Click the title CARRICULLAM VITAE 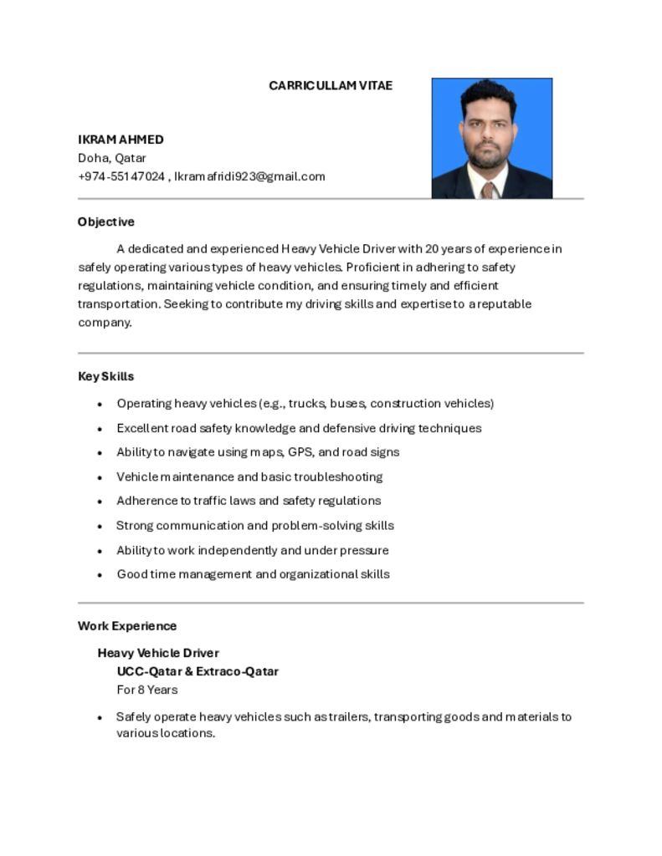[331, 86]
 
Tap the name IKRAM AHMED [121, 140]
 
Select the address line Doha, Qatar [112, 158]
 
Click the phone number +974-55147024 [121, 176]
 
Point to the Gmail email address [249, 176]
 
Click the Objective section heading [106, 222]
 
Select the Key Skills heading [106, 377]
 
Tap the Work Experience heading [127, 626]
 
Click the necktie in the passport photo [488, 190]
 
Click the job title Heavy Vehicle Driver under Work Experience [158, 653]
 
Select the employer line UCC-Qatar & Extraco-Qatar [198, 671]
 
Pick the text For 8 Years [147, 690]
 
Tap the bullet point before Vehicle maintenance [100, 477]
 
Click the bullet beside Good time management [100, 575]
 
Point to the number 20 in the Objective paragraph [432, 249]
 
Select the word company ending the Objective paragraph [104, 323]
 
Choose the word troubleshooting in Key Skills [338, 477]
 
